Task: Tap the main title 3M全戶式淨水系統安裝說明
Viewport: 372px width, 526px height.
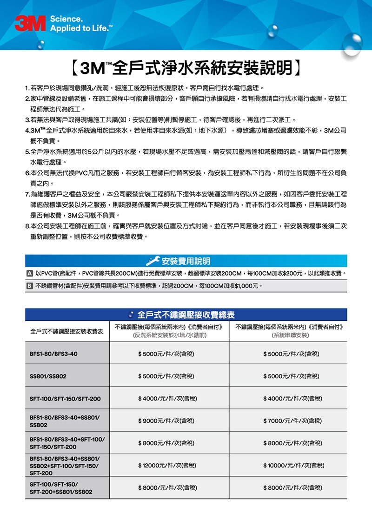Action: coord(186,68)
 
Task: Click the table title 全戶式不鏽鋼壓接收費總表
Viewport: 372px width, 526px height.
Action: coord(186,315)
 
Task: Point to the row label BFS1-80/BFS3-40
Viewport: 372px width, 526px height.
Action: coord(53,354)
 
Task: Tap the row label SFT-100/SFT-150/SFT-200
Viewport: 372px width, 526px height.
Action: coord(65,399)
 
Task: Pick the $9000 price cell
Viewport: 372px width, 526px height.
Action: coord(166,421)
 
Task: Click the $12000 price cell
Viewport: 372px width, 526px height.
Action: coord(167,466)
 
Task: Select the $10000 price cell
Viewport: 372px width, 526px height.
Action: coord(293,466)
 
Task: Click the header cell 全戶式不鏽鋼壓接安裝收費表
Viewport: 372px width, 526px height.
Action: coord(66,331)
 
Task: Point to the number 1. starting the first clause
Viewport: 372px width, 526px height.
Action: coord(28,88)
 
